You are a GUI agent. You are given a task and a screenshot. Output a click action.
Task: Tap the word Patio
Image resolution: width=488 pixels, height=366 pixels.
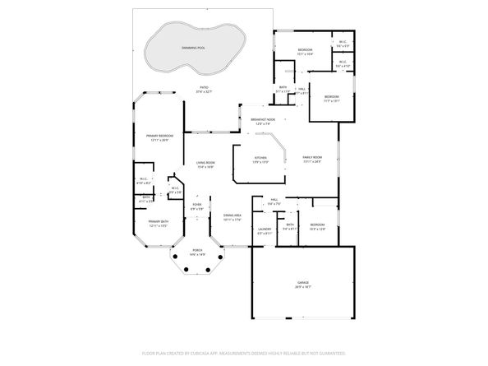point(203,87)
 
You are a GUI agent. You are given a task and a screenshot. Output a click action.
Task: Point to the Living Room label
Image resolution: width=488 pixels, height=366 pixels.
point(205,163)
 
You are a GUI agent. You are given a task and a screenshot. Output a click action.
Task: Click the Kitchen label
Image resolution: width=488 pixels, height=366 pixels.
point(260,157)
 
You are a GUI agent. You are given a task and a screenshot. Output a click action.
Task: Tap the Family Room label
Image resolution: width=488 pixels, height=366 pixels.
point(311,157)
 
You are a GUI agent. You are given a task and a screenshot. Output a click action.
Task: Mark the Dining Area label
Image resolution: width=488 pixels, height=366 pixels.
point(232,215)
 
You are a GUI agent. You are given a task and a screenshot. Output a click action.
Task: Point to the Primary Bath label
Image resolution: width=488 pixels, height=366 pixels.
point(158,221)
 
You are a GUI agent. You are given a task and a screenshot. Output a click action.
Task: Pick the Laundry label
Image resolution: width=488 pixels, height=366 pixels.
point(265,229)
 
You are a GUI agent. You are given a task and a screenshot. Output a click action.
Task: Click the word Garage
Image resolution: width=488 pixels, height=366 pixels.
point(303,281)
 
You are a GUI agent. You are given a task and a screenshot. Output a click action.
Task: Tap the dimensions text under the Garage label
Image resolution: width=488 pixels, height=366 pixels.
point(303,286)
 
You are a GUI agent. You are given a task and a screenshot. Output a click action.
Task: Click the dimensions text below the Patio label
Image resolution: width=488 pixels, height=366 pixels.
point(203,92)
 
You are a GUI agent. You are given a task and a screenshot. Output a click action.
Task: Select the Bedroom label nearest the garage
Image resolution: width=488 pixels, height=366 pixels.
point(317,225)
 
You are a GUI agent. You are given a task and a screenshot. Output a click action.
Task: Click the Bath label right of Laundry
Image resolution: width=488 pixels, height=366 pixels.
point(290,225)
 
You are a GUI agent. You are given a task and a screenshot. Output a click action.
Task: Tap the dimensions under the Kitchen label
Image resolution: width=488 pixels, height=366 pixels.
point(260,162)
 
